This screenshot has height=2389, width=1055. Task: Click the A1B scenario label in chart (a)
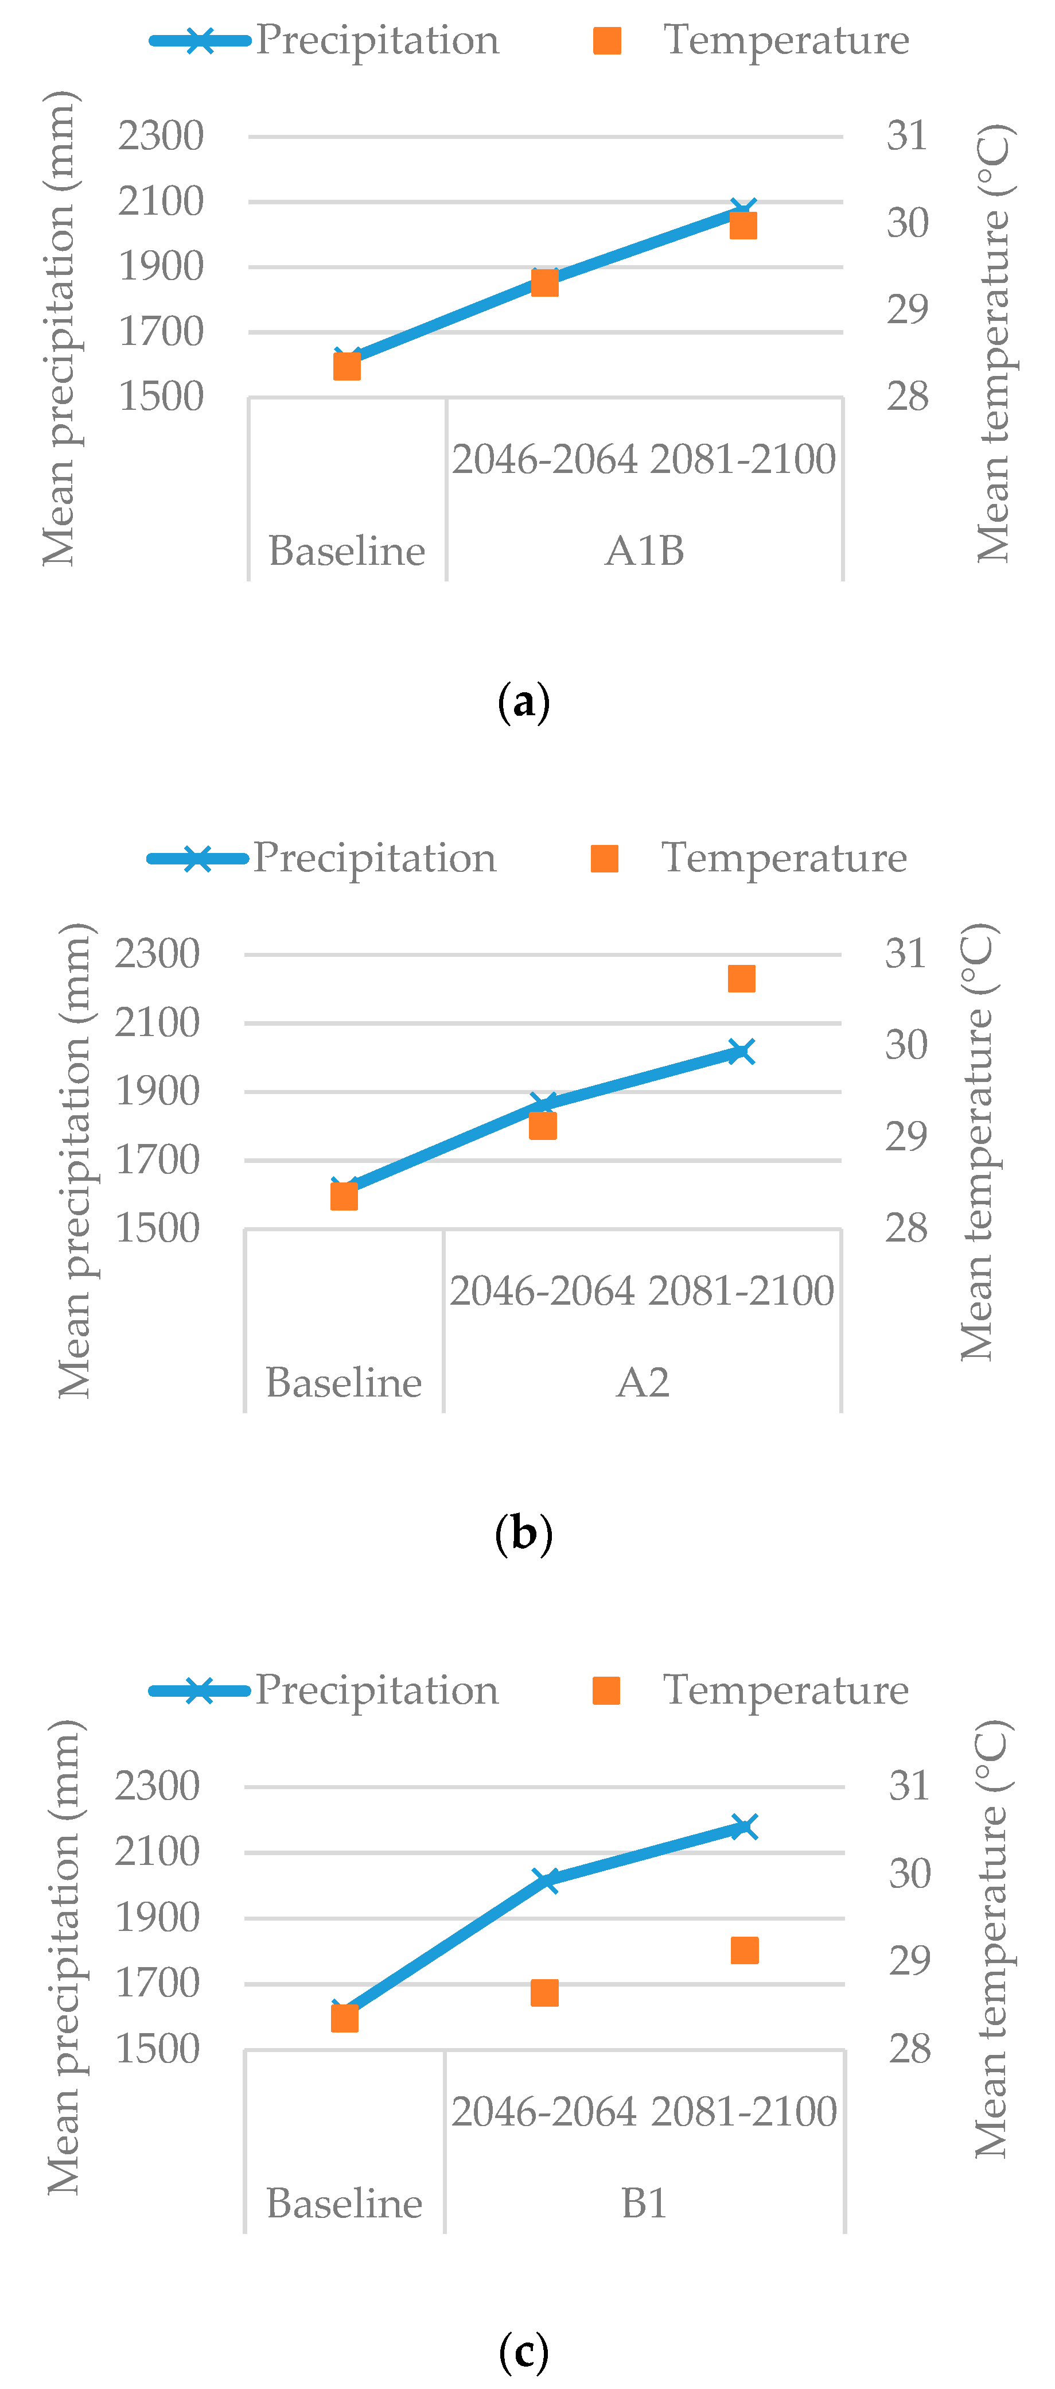644,551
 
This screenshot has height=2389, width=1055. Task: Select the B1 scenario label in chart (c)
644,2202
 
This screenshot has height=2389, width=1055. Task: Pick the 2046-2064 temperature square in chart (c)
545,1993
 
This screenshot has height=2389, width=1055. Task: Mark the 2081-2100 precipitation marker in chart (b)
741,1052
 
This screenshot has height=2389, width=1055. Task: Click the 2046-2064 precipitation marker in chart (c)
547,1880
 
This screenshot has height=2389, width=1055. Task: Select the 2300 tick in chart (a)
161,137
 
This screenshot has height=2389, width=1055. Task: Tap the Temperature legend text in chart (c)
785,1690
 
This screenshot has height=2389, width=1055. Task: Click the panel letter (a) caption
524,702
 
